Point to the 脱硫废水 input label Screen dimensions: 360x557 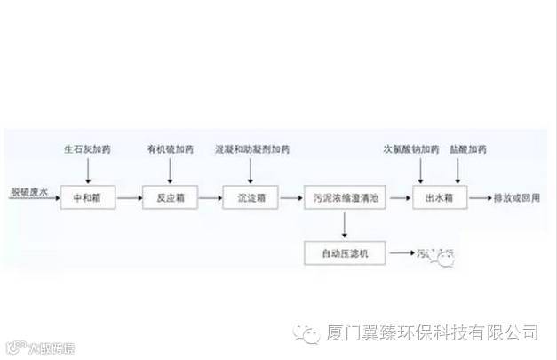point(27,192)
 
